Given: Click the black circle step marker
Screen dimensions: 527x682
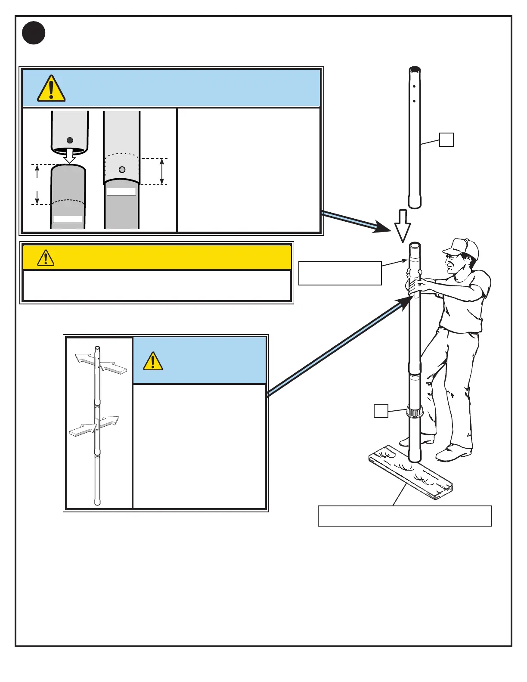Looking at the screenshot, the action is click(x=34, y=33).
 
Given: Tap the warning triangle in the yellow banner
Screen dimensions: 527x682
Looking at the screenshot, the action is click(x=46, y=258).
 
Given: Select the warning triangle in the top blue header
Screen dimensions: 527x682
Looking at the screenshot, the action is click(x=51, y=89).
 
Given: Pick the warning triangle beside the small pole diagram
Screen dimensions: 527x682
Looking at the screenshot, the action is click(x=153, y=362).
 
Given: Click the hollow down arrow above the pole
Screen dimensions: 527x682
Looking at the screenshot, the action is click(x=403, y=225).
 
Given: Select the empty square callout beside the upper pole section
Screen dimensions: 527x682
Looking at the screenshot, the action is click(x=446, y=140).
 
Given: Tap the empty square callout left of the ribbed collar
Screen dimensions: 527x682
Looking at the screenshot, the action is click(x=381, y=411).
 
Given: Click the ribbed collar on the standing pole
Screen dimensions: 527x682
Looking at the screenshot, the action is click(x=415, y=412).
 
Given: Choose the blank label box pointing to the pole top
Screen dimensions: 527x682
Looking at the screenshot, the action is click(x=340, y=273).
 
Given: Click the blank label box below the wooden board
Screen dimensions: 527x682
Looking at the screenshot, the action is click(x=405, y=516).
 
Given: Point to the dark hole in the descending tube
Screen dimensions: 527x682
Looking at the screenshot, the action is click(x=70, y=140).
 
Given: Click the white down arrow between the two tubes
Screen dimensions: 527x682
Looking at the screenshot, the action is click(x=69, y=155).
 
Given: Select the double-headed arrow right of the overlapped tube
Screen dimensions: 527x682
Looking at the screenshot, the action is click(x=162, y=171).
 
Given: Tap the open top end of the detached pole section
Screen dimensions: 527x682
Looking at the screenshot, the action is click(x=415, y=69).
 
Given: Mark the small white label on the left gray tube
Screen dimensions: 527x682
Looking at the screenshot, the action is click(x=68, y=219).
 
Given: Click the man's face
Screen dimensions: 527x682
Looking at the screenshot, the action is click(x=453, y=263).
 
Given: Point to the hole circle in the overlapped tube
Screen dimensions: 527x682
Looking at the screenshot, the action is click(x=122, y=170).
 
